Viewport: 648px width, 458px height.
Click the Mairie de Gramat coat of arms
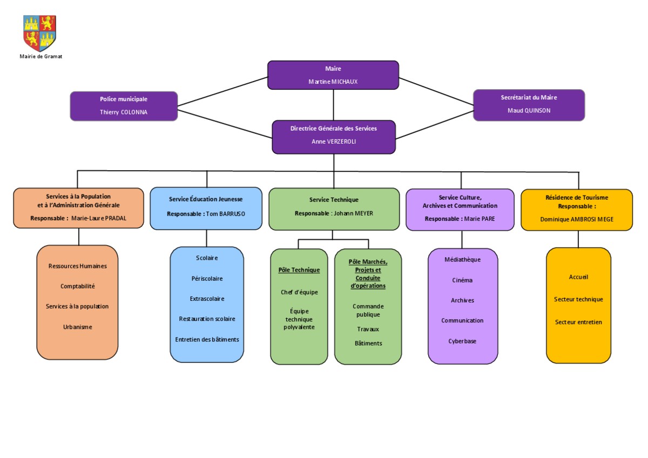tap(39, 33)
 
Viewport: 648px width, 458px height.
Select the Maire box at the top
tap(333, 75)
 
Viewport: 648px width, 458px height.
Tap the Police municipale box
tap(124, 106)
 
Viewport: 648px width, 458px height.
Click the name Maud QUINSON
tap(529, 111)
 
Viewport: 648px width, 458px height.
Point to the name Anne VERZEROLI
tap(334, 142)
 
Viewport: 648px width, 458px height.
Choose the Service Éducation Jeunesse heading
tap(206, 199)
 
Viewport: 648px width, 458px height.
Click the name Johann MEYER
tap(353, 213)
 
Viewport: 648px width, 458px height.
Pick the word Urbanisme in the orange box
tap(78, 327)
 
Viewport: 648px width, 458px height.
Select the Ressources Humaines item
tap(78, 266)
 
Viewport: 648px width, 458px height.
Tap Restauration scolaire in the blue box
tap(207, 319)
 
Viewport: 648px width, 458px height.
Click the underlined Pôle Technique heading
tap(299, 270)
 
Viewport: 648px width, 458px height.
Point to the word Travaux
tap(368, 329)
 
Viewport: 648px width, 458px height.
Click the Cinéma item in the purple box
tap(462, 280)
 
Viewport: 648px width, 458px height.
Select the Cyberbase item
tap(462, 341)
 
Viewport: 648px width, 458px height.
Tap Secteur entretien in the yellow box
tap(578, 322)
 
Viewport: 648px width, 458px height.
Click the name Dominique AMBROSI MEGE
tap(577, 219)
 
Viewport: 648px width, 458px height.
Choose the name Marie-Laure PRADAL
tap(99, 218)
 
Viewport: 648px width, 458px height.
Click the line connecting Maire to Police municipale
tap(222, 91)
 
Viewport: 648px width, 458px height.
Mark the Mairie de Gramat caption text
tap(41, 56)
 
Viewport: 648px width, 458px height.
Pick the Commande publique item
tap(368, 310)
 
